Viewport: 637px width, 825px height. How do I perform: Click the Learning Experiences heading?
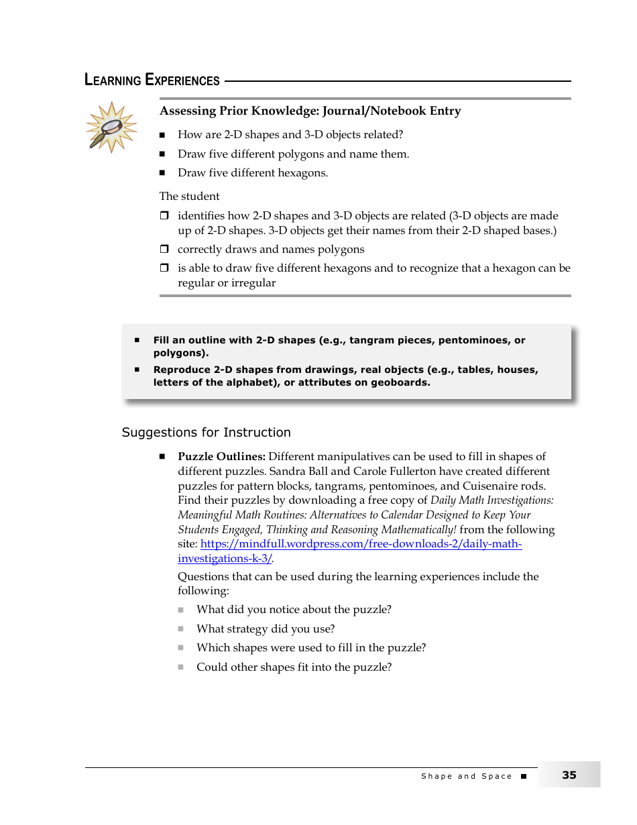tap(152, 80)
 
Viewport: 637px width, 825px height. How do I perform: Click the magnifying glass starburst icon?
tap(111, 127)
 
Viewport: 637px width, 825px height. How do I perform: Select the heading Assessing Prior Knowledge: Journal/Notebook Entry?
tap(310, 111)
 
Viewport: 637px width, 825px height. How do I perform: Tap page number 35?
tap(569, 775)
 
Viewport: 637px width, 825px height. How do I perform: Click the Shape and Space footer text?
tap(466, 776)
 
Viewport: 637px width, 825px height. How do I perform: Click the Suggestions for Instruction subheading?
tap(206, 433)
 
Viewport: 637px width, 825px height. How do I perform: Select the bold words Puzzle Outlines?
tap(221, 457)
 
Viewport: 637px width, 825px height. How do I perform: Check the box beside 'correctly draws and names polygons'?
tap(164, 250)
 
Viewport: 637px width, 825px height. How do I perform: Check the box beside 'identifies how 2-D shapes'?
tap(164, 216)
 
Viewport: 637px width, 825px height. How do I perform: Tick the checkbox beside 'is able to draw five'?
tap(164, 268)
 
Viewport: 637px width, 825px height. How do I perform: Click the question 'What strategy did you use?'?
tap(265, 629)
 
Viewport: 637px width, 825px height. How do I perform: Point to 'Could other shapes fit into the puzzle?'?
tap(294, 667)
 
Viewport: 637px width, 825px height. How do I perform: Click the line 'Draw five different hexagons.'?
tap(252, 173)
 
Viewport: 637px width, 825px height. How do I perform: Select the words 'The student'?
tap(189, 197)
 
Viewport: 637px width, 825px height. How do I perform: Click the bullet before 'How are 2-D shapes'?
tap(162, 135)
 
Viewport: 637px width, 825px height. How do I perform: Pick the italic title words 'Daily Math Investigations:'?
tap(491, 500)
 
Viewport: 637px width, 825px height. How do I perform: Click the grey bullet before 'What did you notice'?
tap(181, 610)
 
